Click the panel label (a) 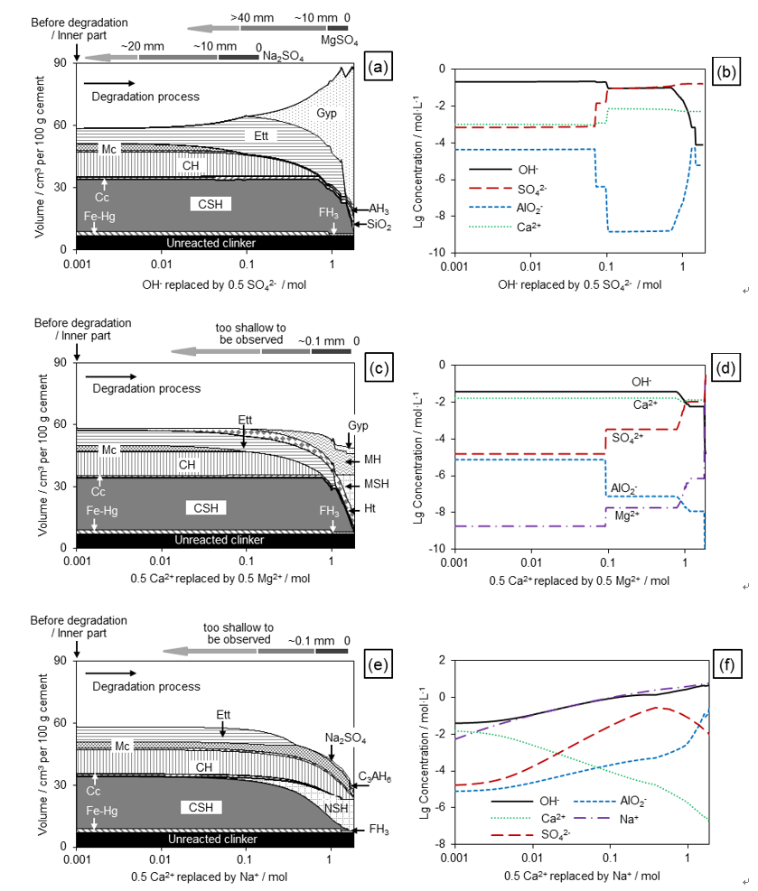click(379, 68)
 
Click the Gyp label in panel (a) click(325, 113)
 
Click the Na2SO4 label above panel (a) click(283, 56)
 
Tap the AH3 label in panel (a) click(378, 209)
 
